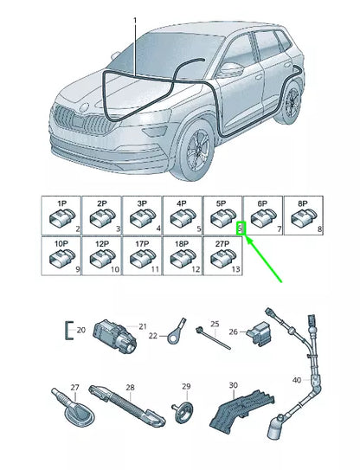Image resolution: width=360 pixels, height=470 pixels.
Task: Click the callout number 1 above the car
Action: [x=135, y=21]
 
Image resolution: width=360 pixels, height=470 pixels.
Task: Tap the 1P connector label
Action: [x=61, y=203]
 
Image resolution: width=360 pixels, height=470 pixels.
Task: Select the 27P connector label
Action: [x=222, y=244]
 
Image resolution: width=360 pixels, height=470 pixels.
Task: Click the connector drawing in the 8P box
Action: [x=304, y=217]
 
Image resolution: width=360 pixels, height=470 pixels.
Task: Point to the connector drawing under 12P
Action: [x=102, y=258]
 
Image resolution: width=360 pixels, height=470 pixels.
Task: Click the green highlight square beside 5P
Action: [x=241, y=229]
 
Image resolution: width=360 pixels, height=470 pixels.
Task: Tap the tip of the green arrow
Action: [x=247, y=236]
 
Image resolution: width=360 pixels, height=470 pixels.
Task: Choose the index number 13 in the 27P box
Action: [x=236, y=269]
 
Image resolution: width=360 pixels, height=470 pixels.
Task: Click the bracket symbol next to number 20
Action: [x=68, y=331]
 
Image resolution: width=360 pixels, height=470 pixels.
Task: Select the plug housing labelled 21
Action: [x=115, y=336]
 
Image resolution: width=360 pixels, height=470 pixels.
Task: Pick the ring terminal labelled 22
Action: [x=177, y=332]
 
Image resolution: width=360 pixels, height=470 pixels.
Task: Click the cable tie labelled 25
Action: [x=214, y=338]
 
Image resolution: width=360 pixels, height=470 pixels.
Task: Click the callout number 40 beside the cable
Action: [x=297, y=380]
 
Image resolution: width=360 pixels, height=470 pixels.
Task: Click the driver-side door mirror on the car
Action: [x=231, y=69]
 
